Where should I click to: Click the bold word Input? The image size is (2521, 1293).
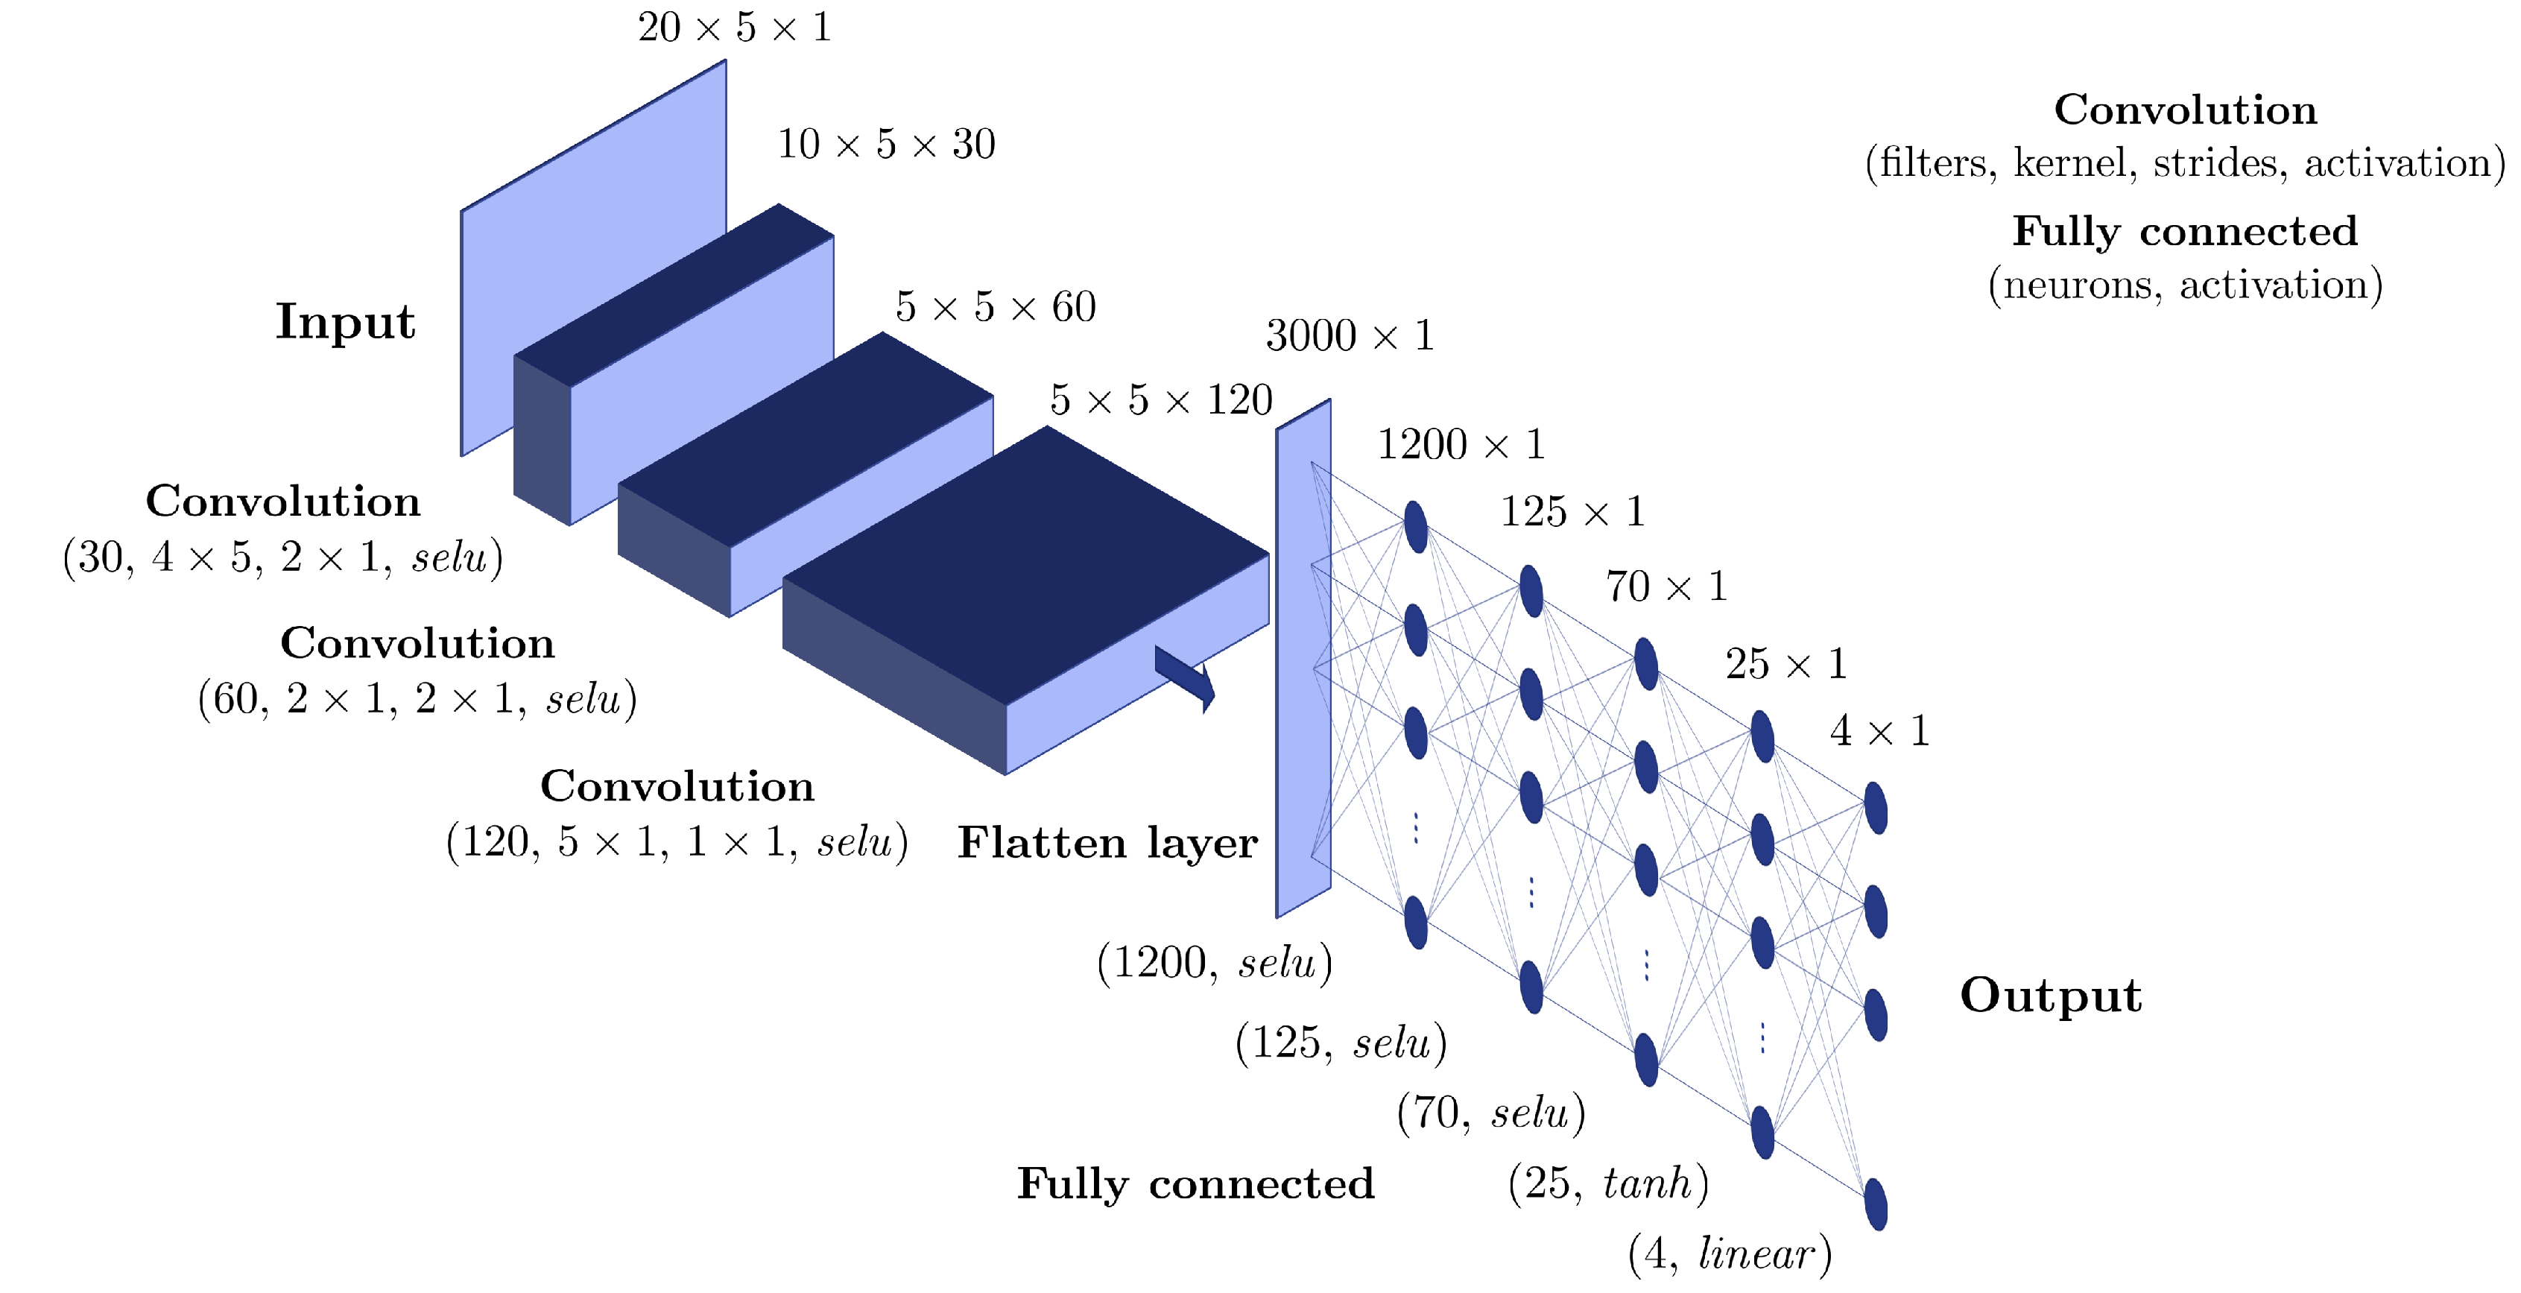point(344,322)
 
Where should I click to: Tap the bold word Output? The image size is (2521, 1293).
point(2050,996)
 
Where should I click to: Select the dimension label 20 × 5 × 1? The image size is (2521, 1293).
point(734,28)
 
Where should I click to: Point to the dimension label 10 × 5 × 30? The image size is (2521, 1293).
point(886,145)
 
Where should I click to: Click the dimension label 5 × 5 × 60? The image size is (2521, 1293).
point(996,307)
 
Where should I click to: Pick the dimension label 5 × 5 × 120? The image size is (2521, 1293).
point(1161,400)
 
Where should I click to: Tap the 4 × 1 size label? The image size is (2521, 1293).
point(1879,731)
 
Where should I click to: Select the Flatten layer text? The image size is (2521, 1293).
point(1107,843)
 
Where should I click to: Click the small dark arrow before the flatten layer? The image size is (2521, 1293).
point(1185,675)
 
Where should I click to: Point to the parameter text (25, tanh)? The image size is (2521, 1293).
point(1608,1183)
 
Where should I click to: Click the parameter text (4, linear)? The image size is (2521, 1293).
point(1730,1254)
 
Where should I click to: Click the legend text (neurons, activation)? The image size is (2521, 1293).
point(2186,285)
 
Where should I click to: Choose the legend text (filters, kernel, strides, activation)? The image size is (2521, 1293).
point(2186,162)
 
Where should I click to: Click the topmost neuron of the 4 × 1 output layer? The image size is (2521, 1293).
point(1875,808)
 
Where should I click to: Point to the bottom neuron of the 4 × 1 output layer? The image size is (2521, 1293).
point(1875,1204)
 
